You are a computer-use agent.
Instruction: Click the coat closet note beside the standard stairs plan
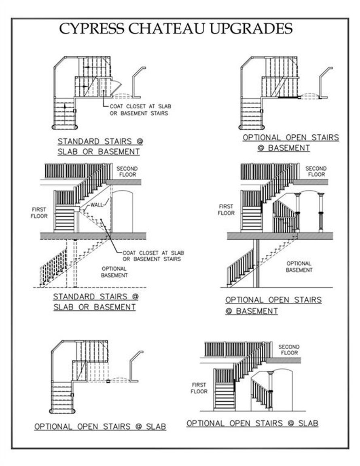point(139,110)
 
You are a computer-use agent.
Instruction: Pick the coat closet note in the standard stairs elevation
point(151,256)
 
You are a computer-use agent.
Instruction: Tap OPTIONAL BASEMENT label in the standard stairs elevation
point(114,272)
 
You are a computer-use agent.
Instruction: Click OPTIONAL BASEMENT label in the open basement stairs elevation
point(299,266)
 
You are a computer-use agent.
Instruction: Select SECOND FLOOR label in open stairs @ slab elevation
point(288,350)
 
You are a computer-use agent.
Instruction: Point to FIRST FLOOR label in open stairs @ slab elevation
point(199,388)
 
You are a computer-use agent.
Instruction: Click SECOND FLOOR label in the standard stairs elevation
point(127,171)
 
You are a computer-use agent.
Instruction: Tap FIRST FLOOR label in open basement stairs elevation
point(226,209)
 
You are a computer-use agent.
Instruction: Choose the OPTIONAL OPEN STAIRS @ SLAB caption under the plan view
point(100,426)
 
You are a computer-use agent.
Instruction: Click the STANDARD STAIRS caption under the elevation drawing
point(95,302)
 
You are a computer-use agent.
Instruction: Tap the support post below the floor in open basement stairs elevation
point(256,263)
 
